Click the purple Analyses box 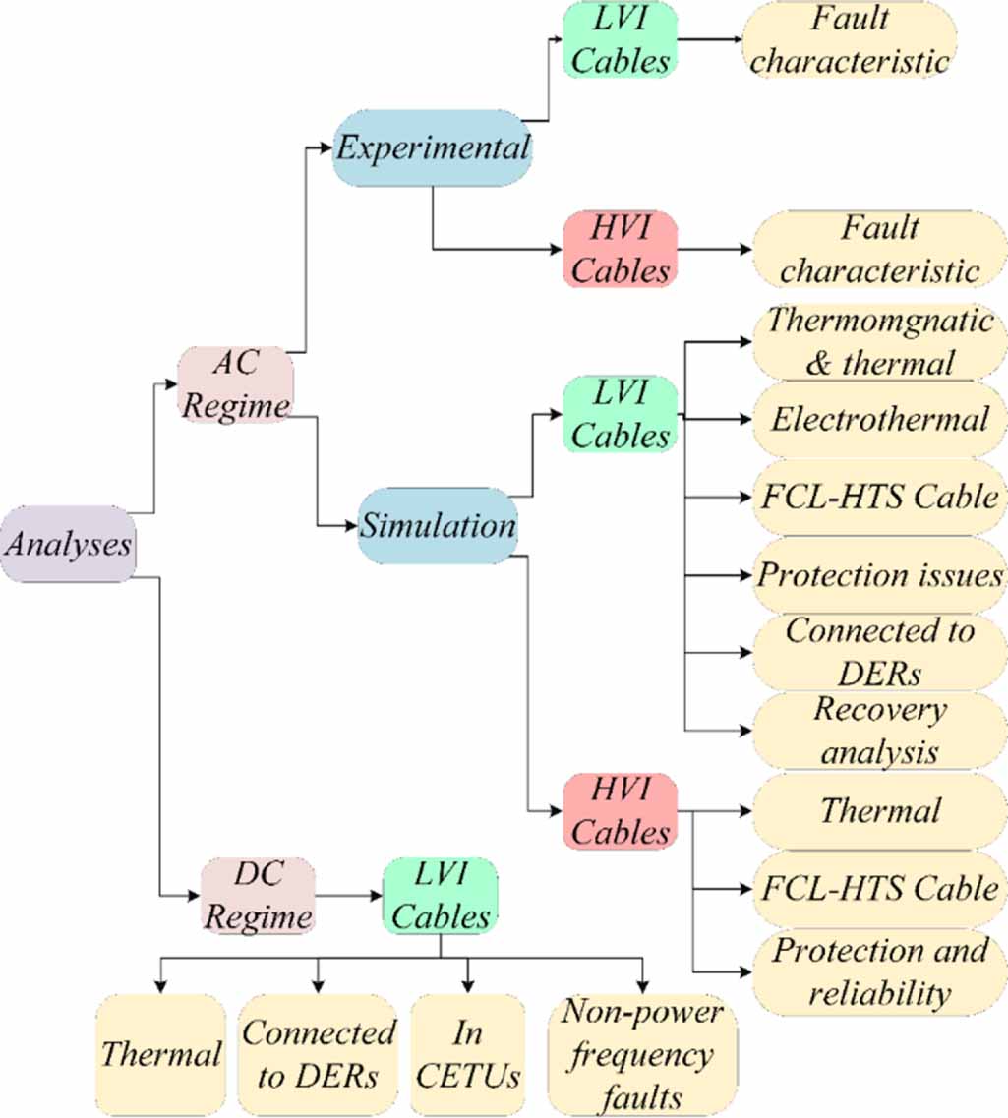pos(68,545)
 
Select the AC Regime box pos(235,383)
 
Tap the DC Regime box pos(259,895)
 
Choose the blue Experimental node pos(432,148)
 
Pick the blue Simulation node pos(437,525)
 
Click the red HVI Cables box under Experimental pos(621,249)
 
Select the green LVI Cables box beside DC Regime pos(440,895)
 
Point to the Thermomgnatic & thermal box pos(879,341)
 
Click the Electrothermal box pos(879,420)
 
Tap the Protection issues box pos(879,575)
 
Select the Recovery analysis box pos(879,731)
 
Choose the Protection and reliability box pos(879,971)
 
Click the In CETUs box pos(467,1054)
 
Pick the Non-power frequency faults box pos(644,1054)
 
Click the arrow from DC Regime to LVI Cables pos(349,896)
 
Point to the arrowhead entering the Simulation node pos(351,526)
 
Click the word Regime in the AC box pos(235,403)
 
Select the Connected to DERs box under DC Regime pos(319,1054)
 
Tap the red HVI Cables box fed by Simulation pos(621,811)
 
